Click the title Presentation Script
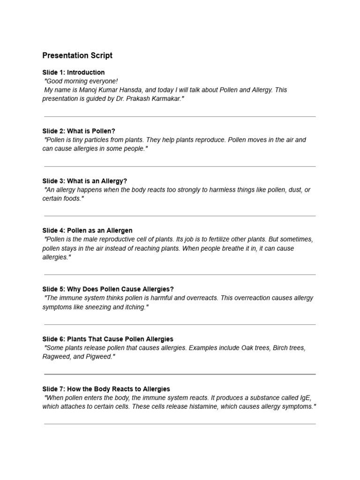[x=77, y=55]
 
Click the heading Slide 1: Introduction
[x=74, y=72]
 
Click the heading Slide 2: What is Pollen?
[x=79, y=131]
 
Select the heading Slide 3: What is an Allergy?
[x=84, y=181]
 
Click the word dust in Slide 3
[x=291, y=190]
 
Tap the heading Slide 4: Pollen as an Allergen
[x=87, y=230]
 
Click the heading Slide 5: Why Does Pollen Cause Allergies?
[x=108, y=289]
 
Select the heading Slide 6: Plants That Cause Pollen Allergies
[x=108, y=339]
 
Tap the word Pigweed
[x=99, y=357]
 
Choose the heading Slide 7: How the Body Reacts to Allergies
[x=106, y=389]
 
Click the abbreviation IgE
[x=305, y=398]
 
